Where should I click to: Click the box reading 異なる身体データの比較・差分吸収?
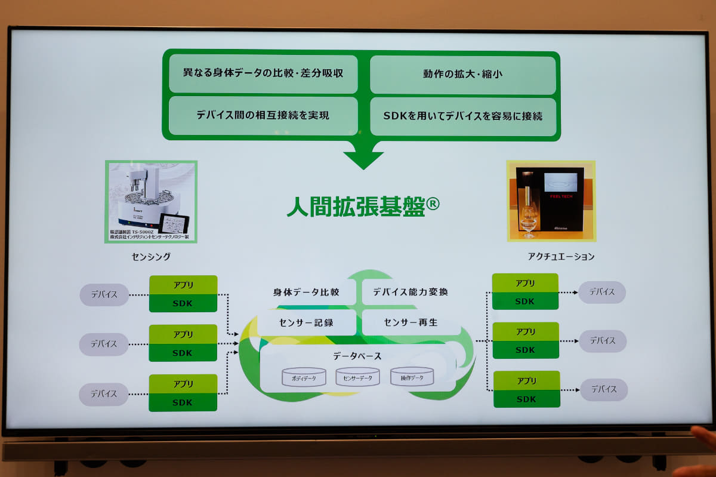[x=263, y=74]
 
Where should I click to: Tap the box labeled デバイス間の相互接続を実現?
[x=263, y=115]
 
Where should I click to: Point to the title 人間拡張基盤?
[x=356, y=207]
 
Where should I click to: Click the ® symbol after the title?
[x=433, y=204]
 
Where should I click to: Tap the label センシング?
[x=151, y=257]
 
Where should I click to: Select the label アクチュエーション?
[x=561, y=257]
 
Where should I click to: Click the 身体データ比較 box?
[x=306, y=292]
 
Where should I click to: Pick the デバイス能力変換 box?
[x=411, y=292]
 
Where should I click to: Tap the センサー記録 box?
[x=306, y=322]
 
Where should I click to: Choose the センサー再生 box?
[x=411, y=322]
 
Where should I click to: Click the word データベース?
[x=357, y=356]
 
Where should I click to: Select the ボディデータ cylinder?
[x=304, y=377]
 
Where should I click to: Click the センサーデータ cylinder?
[x=357, y=377]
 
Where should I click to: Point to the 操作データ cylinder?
[x=412, y=377]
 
